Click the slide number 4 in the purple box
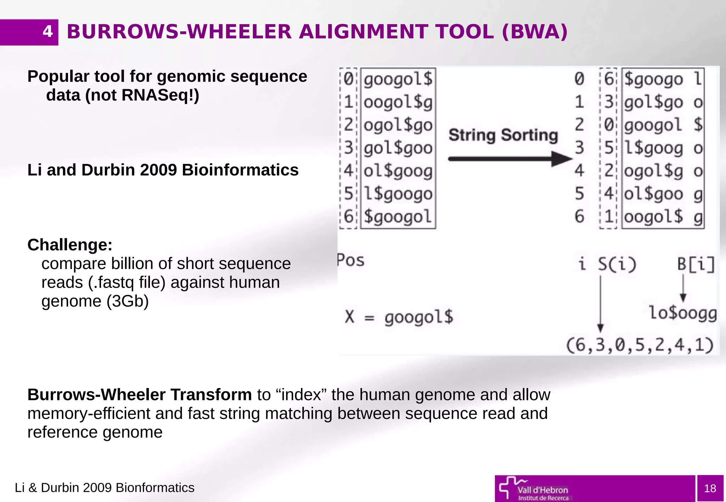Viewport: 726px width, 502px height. [x=48, y=32]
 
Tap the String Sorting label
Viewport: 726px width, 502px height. [x=503, y=135]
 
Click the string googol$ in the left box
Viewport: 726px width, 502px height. [x=398, y=79]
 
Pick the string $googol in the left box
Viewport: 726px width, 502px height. [x=398, y=217]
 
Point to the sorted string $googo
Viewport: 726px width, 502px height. [x=653, y=79]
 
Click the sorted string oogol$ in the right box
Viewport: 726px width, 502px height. [x=653, y=217]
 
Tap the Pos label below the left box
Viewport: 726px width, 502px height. [x=351, y=261]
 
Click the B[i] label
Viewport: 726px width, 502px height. [x=696, y=264]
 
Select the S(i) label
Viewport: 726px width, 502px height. [x=617, y=264]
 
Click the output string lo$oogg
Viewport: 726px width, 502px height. [x=683, y=313]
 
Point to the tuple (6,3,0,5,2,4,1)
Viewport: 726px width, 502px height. [x=640, y=345]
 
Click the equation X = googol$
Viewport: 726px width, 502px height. [x=399, y=317]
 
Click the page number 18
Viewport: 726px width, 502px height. [x=710, y=489]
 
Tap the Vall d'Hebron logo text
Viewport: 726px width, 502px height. [x=542, y=490]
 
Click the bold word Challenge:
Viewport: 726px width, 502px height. [x=70, y=245]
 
